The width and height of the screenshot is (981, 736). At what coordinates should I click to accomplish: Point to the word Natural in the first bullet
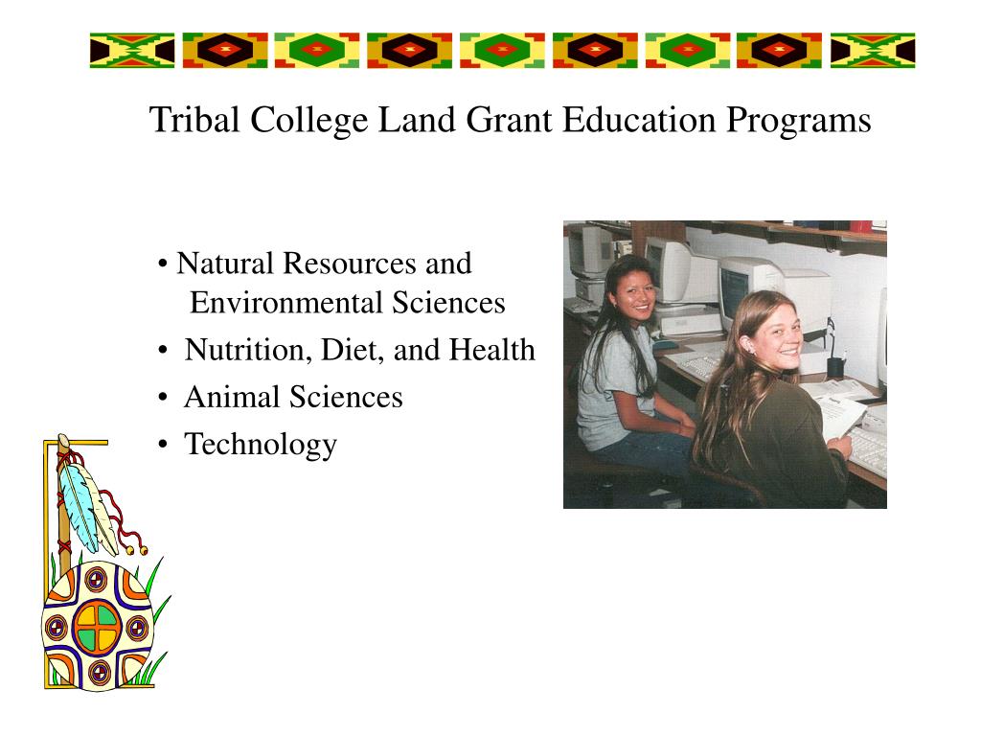(226, 263)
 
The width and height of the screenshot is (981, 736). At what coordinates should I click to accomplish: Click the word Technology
(261, 445)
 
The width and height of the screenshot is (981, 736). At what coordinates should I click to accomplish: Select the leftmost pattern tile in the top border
(132, 50)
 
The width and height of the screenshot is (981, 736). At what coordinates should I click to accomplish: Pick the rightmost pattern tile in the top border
(873, 50)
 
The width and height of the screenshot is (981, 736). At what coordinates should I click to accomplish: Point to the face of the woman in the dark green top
(775, 335)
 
